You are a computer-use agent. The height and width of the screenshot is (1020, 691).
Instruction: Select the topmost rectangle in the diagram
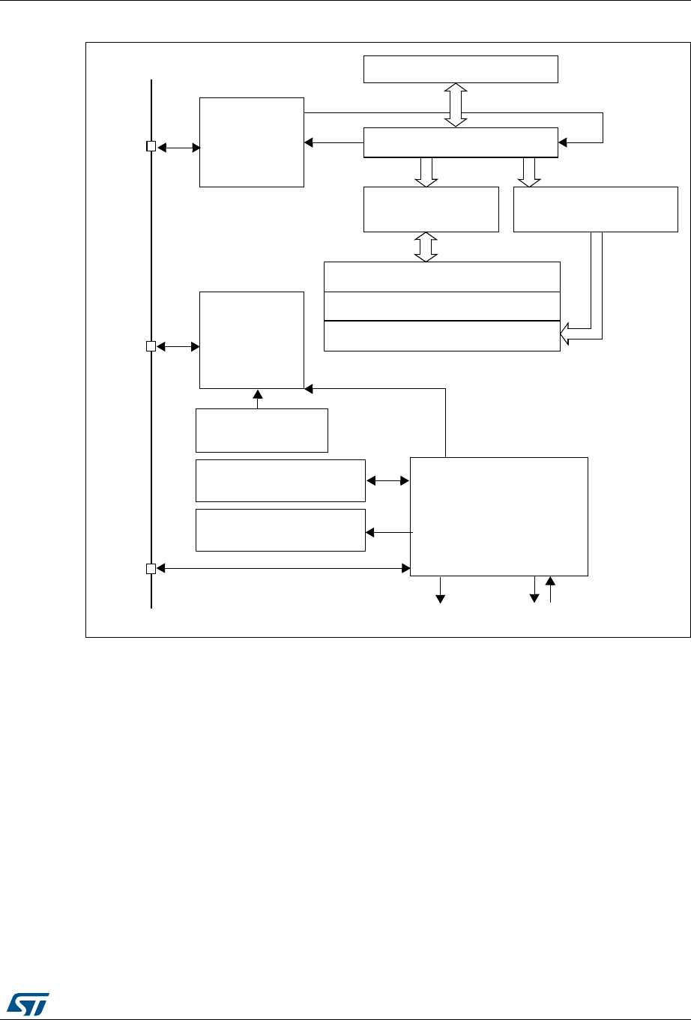pos(460,69)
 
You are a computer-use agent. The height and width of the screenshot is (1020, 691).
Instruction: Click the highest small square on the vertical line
pos(151,147)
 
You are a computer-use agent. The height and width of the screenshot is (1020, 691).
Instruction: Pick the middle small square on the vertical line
pos(151,346)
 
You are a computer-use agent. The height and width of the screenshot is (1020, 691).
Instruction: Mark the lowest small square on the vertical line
pos(151,569)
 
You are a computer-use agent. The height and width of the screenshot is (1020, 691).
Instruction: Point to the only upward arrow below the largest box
pos(550,589)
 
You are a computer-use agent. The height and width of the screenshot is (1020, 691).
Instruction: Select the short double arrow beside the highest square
pos(178,148)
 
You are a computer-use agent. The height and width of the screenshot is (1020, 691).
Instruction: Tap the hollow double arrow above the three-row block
pos(426,247)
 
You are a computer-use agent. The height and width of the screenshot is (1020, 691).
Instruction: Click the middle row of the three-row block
pos(441,306)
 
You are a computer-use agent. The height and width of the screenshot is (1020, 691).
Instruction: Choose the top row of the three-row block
pos(441,277)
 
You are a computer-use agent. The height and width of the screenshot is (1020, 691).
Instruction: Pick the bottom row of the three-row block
pos(441,336)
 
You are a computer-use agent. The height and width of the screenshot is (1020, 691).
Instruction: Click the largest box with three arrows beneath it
pos(499,516)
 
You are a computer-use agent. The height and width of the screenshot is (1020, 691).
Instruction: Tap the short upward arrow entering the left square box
pos(257,399)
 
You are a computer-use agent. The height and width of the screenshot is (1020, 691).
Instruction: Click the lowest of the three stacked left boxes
pos(280,530)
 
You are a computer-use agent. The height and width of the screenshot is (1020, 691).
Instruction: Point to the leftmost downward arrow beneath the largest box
pos(441,590)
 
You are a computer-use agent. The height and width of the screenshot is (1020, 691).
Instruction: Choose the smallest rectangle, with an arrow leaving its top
pos(262,430)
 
